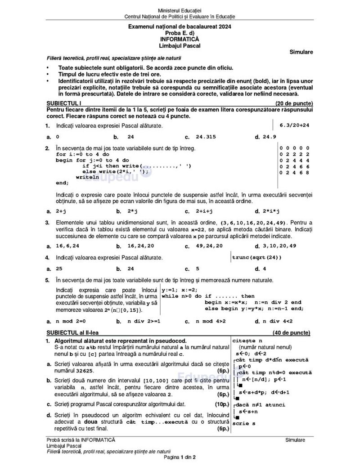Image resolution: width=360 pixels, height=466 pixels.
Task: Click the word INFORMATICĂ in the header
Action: tap(180, 39)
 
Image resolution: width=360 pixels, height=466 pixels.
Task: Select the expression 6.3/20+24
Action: tap(294, 125)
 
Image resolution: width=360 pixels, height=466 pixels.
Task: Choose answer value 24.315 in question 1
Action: tap(206, 137)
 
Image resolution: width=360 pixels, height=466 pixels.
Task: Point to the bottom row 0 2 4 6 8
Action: tap(294, 172)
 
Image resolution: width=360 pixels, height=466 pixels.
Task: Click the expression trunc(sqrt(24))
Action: tap(257, 257)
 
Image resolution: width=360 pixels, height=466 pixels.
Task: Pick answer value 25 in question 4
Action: tap(59, 269)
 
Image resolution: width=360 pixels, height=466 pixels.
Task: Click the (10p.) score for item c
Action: tap(222, 404)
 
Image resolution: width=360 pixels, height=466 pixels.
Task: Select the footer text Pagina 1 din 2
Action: tap(180, 457)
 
